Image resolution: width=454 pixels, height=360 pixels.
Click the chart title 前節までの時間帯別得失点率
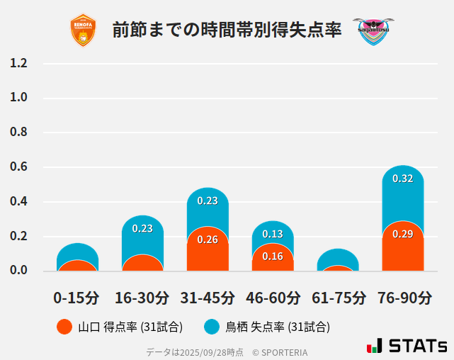pos(227,30)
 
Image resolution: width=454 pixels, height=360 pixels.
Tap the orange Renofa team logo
pos(84,30)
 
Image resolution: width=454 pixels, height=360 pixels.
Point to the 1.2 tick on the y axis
pos(18,64)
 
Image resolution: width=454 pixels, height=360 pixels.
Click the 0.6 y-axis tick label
pos(18,167)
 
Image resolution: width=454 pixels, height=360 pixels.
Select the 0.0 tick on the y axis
pos(18,271)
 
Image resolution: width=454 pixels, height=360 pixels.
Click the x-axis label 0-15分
pos(76,298)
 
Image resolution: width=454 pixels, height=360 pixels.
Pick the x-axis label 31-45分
pos(208,298)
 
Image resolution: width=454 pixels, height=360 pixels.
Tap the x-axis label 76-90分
pos(404,298)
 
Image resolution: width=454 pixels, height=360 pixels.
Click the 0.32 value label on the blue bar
pos(402,179)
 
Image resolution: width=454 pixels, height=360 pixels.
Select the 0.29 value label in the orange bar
pos(402,234)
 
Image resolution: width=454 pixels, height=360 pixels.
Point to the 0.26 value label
pos(208,240)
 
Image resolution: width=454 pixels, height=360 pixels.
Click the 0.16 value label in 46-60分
pos(273,256)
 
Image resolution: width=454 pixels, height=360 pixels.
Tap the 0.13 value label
pos(273,234)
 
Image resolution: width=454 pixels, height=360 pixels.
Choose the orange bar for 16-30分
pos(142,263)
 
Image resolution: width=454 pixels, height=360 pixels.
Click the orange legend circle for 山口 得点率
pos(64,327)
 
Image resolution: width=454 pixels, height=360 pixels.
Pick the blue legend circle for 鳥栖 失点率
pos(212,327)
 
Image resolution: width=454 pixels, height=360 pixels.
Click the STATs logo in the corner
pos(407,346)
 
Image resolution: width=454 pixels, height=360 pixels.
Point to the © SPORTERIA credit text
pos(280,351)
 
